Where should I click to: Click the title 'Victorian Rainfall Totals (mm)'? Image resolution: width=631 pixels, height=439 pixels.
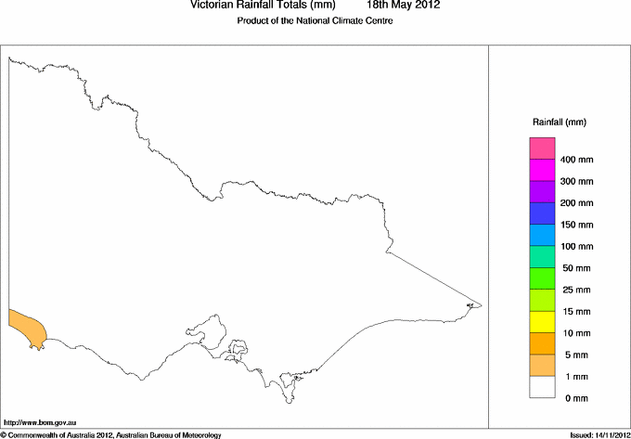[262, 5]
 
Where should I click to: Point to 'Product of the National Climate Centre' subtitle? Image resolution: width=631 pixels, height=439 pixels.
[315, 21]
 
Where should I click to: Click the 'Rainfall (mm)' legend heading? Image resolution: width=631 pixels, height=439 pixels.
[560, 123]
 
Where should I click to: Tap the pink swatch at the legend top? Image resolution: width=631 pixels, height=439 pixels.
[542, 148]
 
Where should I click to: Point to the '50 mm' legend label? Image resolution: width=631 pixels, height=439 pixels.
[576, 268]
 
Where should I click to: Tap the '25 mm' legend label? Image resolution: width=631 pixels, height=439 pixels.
[576, 290]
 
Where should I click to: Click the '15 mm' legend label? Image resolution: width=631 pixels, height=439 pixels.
[576, 311]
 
